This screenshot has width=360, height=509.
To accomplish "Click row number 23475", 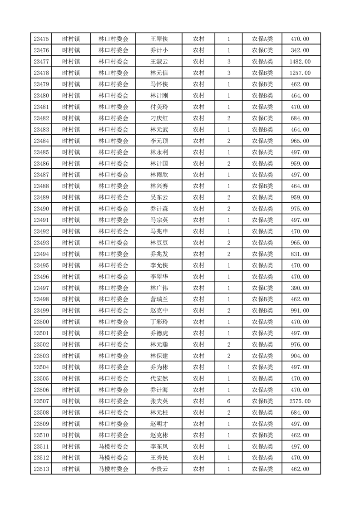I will click(x=41, y=39).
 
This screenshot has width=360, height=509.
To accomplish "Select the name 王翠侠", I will click(x=159, y=39).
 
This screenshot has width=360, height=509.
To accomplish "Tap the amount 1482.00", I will click(x=301, y=62).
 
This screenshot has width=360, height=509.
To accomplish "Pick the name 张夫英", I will click(x=159, y=401).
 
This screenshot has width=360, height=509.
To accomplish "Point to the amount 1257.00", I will click(x=301, y=73).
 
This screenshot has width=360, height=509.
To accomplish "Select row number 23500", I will click(x=41, y=322).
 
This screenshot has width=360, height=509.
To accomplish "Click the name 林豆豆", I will click(x=159, y=243).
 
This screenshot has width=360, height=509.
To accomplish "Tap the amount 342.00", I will click(x=301, y=50).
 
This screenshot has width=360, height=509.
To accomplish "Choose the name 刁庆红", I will click(x=159, y=118).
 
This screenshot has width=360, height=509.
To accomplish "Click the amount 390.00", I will click(x=301, y=288).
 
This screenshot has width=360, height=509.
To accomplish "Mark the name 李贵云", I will click(x=159, y=469).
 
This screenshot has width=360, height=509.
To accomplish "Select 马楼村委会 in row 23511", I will click(x=113, y=446).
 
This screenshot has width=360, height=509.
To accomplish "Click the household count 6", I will click(x=228, y=401).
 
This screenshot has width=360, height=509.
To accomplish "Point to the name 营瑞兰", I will click(x=159, y=299).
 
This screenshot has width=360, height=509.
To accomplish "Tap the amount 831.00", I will click(x=301, y=254).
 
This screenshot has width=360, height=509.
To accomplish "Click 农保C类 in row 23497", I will click(x=262, y=288).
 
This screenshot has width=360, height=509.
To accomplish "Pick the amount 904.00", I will click(x=301, y=356).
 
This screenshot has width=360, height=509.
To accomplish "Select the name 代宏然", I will click(x=159, y=378).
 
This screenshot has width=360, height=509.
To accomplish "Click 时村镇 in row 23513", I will click(x=71, y=469).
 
